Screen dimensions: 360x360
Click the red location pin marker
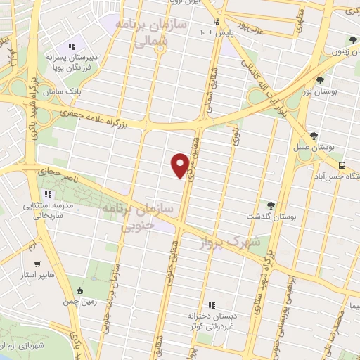pos(181,165)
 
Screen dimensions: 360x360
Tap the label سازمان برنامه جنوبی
pos(129,219)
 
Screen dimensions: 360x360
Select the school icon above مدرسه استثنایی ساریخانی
pos(47,194)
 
